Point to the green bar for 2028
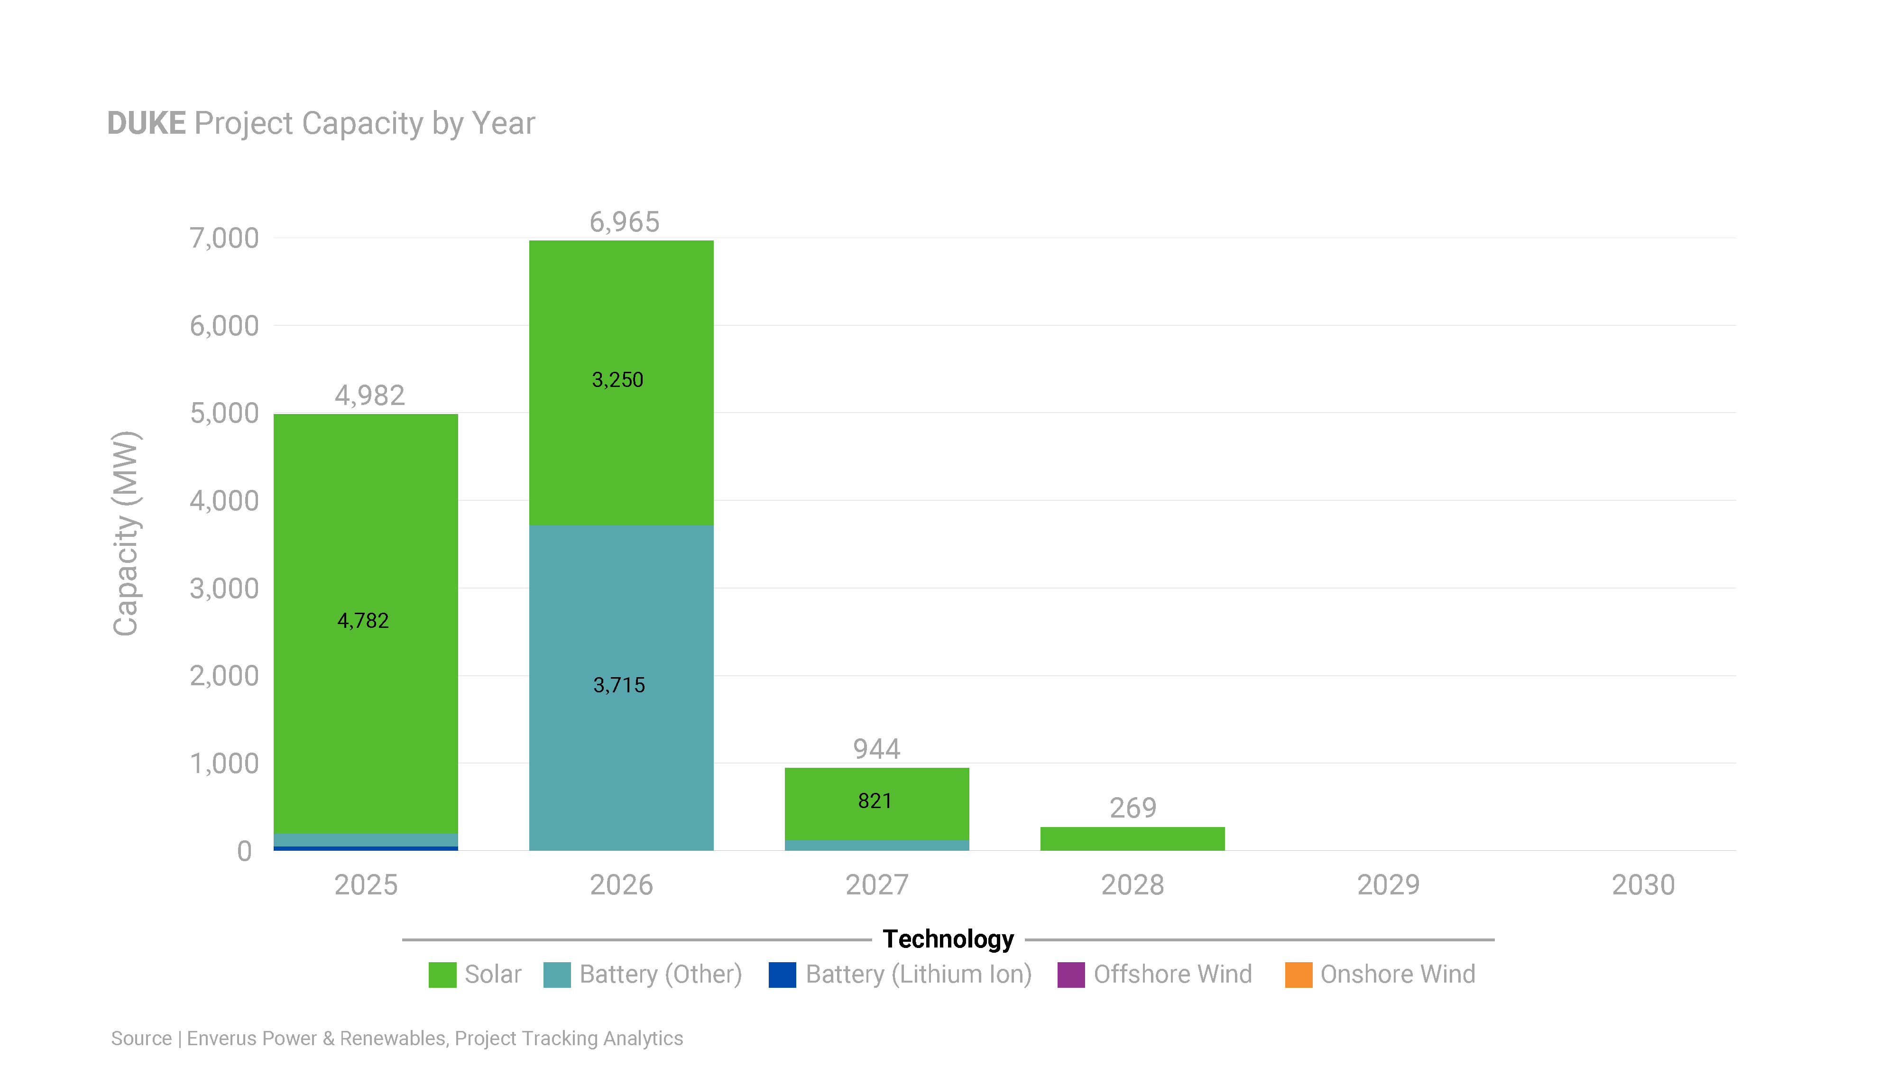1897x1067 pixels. (1132, 839)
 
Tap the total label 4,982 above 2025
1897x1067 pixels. (370, 396)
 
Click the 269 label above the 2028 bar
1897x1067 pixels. (1133, 808)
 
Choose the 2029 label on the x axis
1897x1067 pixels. (1388, 884)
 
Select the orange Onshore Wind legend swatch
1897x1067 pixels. (1298, 974)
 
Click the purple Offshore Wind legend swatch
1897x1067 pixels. (1071, 974)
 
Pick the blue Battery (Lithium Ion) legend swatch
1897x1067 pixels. (782, 974)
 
